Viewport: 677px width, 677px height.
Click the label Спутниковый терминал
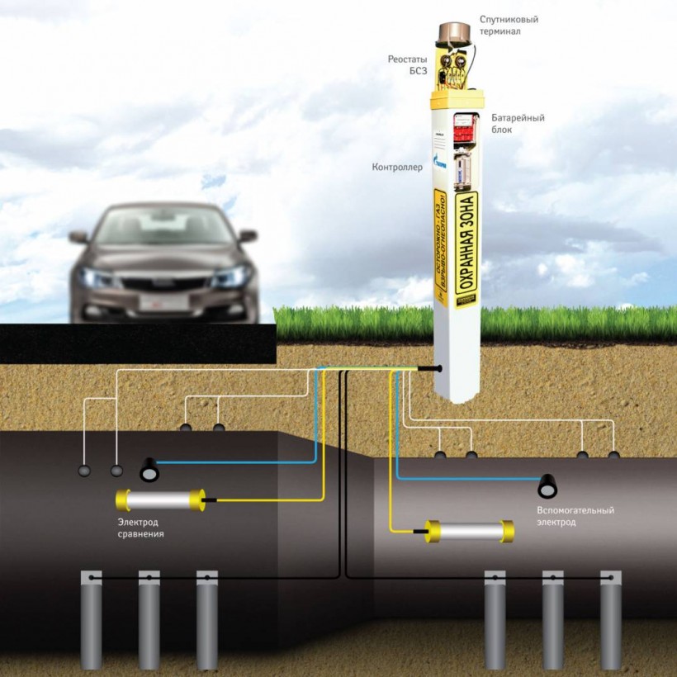point(509,25)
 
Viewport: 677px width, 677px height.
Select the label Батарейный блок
point(518,124)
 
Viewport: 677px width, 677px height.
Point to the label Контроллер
point(398,168)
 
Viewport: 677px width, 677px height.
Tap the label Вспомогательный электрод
point(575,516)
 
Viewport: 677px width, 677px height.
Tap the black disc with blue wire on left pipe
point(149,469)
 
